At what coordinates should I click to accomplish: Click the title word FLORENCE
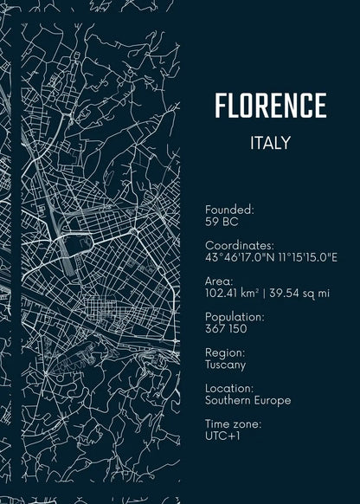270,106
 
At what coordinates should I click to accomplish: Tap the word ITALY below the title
270,143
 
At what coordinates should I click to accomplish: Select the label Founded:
229,210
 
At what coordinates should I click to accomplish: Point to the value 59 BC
222,222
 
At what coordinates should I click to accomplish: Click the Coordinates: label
239,246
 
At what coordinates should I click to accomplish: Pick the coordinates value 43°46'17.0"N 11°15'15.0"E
271,257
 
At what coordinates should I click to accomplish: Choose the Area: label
219,281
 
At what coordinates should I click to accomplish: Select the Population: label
235,317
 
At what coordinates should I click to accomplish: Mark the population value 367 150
226,329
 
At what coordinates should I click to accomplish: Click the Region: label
225,353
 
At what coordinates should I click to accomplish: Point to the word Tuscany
225,365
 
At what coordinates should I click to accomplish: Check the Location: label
229,389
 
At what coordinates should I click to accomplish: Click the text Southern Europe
247,400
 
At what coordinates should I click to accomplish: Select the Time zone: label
232,424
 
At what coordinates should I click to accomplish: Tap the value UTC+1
222,436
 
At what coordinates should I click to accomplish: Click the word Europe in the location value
273,400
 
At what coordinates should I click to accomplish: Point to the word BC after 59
230,222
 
